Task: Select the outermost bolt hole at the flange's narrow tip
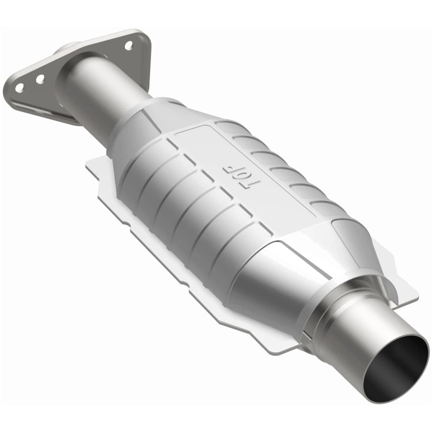(x=19, y=87)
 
